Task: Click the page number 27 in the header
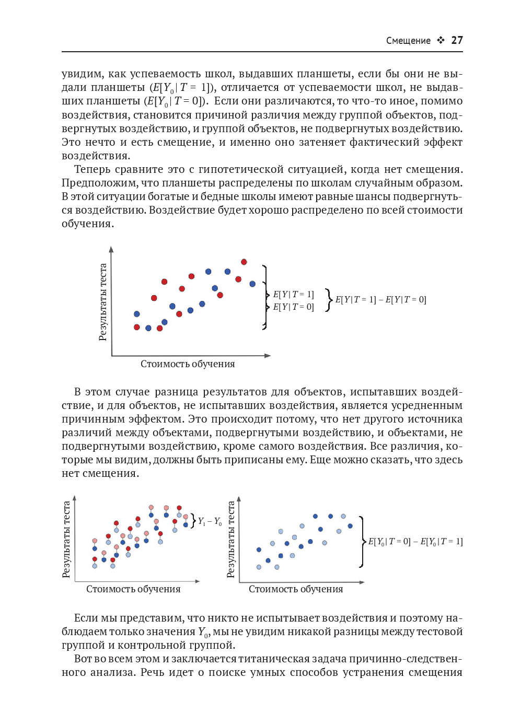tap(457, 40)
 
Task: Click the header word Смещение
tap(408, 41)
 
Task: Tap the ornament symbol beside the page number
tap(441, 40)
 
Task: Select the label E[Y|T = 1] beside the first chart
tap(294, 295)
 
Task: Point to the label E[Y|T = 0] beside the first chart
tap(294, 307)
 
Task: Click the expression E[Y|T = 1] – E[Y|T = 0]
tap(380, 300)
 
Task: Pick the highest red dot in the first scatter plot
tap(244, 262)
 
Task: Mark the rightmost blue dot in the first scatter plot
tap(252, 284)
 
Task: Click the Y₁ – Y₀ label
tap(210, 521)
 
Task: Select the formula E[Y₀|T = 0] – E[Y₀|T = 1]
tap(415, 542)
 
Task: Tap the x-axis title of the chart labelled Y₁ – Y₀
tap(133, 589)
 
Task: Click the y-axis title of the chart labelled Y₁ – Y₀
tap(66, 540)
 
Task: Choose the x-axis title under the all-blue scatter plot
tap(296, 589)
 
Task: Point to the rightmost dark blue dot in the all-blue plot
tap(350, 526)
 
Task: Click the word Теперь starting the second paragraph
tap(92, 169)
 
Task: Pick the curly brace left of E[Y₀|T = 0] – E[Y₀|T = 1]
tap(362, 542)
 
